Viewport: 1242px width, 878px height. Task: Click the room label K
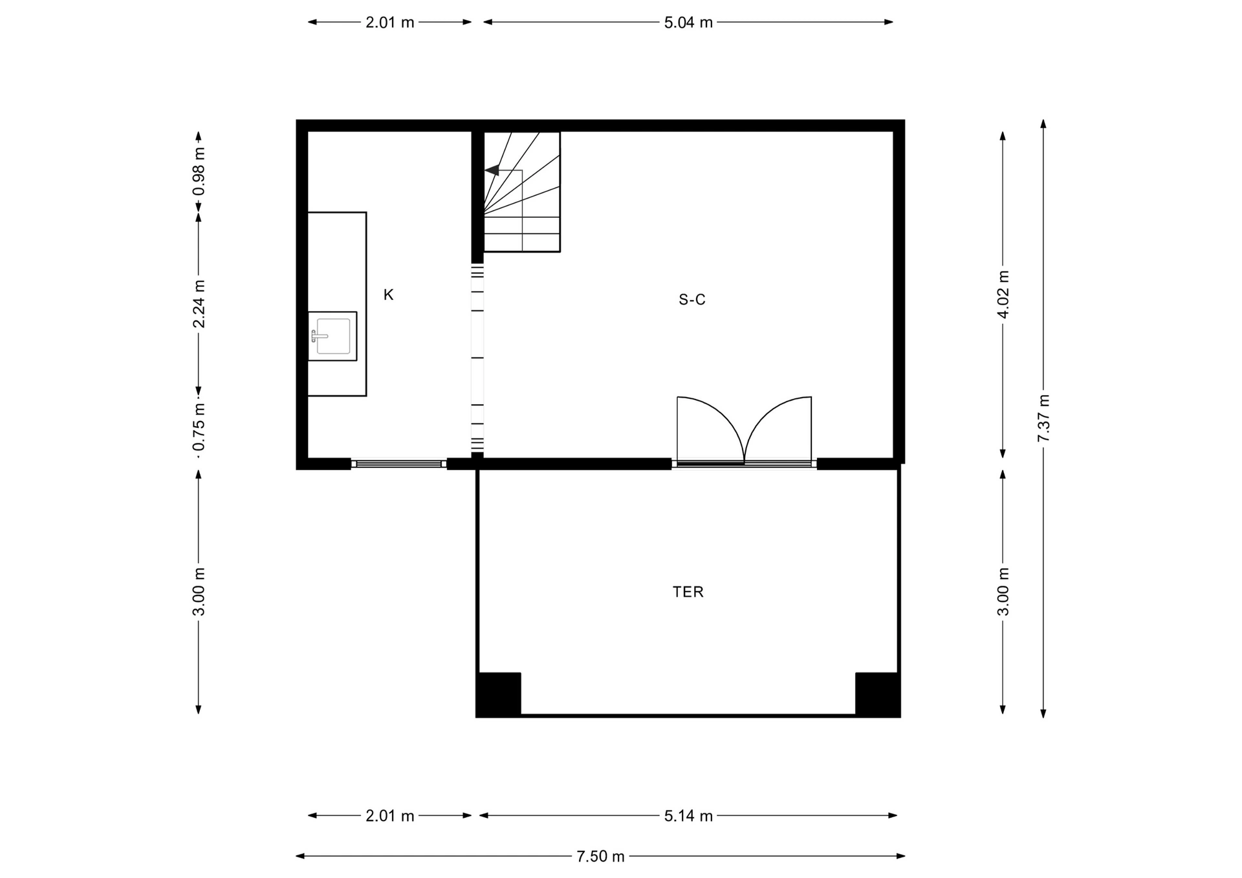pos(388,295)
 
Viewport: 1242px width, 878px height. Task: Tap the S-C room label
pos(692,299)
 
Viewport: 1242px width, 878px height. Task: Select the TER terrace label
pos(688,592)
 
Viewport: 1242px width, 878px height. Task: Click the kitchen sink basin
pos(332,336)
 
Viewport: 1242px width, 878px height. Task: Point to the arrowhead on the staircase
pos(492,170)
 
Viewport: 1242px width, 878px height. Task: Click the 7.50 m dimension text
pos(600,856)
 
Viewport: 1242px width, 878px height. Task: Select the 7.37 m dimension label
pos(1043,418)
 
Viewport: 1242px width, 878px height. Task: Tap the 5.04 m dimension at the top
pos(688,23)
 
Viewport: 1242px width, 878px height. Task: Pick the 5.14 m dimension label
pos(688,816)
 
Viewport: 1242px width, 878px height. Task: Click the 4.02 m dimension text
pos(1003,294)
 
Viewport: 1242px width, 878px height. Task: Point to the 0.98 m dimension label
pos(199,171)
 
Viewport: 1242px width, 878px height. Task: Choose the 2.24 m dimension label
pos(199,304)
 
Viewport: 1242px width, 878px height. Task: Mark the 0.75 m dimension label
pos(199,427)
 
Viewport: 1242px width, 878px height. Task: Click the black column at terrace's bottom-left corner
pos(499,694)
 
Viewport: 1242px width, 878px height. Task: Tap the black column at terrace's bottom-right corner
pos(878,694)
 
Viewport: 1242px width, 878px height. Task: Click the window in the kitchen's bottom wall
pos(398,464)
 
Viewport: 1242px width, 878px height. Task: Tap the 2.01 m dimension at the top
pos(390,23)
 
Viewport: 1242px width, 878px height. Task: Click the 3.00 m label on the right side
pos(1003,592)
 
